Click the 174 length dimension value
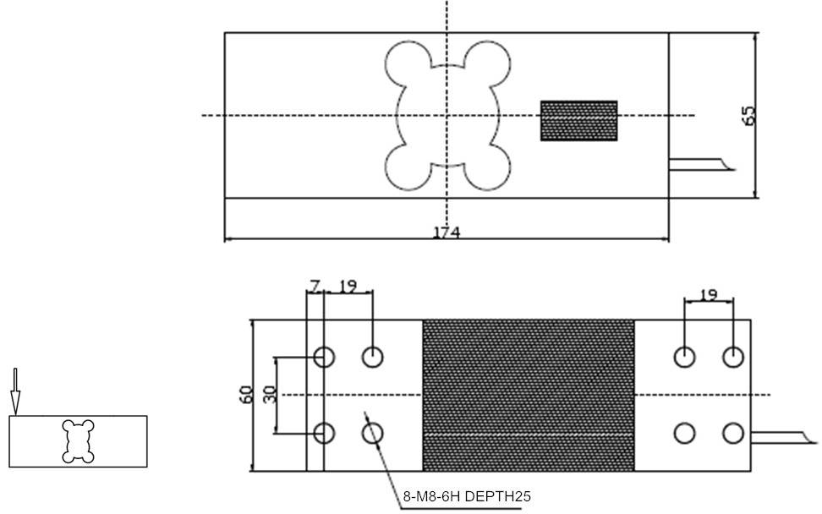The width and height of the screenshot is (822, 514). pos(446,232)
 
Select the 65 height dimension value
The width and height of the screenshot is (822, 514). pos(748,115)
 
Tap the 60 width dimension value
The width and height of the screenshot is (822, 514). pos(246,395)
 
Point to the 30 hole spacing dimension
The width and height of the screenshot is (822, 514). pos(271,395)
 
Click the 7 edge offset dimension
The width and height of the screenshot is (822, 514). pos(315,287)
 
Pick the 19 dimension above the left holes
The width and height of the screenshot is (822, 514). pos(347,287)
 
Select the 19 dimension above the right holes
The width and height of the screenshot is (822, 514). pos(709,295)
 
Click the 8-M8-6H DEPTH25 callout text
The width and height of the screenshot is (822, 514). pos(466,496)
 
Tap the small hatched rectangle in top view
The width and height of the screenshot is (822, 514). pos(578,121)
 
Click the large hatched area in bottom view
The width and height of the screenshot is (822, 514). pos(528,395)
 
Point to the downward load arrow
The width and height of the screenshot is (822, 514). pos(14,390)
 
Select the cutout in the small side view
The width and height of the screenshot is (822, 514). pos(78,440)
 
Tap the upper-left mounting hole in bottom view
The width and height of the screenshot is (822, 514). pos(324,357)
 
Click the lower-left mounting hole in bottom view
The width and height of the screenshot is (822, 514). pos(324,434)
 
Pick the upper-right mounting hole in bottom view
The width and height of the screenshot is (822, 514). pos(733,357)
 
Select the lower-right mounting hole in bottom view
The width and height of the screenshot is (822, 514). pos(733,434)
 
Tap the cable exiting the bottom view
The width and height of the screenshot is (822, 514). pos(785,436)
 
